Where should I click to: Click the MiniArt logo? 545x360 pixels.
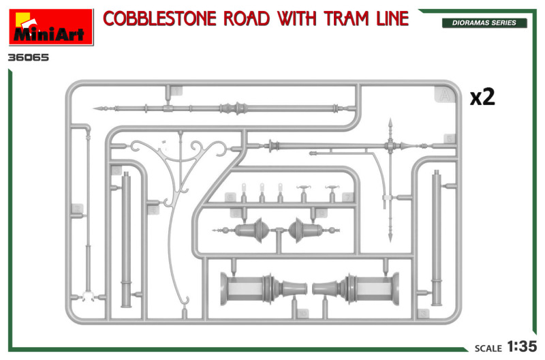(51, 27)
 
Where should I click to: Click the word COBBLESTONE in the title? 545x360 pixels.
(159, 18)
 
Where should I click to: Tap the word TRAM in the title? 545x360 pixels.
(346, 18)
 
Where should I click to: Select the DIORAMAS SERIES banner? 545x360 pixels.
(484, 23)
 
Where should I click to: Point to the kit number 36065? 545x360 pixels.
(29, 57)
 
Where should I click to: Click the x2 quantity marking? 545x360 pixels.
(482, 97)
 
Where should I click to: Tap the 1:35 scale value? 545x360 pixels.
(522, 346)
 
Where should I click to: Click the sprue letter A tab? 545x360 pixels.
(444, 95)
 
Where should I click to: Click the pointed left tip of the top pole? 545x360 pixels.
(93, 108)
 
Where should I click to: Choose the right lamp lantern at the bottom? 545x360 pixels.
(356, 288)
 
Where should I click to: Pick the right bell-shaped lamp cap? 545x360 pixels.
(306, 230)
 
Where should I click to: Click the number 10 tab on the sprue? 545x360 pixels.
(302, 314)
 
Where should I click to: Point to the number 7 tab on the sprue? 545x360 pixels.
(347, 197)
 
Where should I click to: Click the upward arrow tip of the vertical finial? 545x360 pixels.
(390, 119)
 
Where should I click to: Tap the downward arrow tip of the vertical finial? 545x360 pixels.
(390, 241)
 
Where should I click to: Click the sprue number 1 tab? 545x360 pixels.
(176, 91)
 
